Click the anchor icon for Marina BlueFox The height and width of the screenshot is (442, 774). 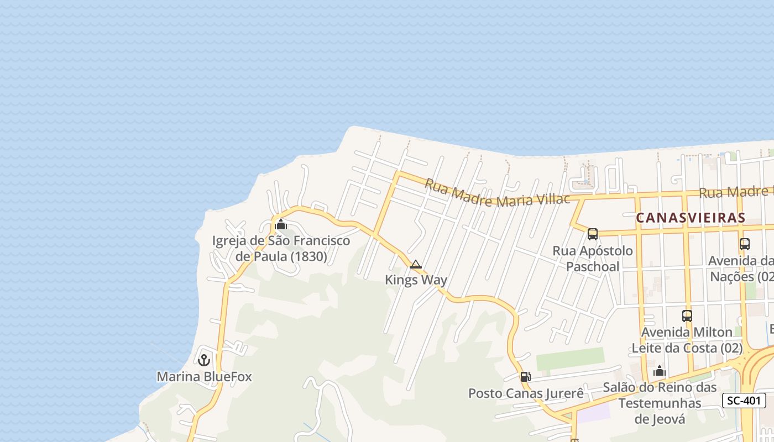[x=204, y=360]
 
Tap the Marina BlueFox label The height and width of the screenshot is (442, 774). [x=204, y=377]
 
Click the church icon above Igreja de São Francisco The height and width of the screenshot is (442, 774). [x=281, y=224]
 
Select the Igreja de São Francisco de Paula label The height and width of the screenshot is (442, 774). [x=281, y=249]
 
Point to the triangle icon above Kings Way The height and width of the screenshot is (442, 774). [x=416, y=265]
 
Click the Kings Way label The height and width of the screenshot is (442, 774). [x=416, y=280]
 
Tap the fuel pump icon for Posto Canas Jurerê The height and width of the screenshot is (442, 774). [x=525, y=377]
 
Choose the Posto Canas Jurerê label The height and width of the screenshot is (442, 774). [x=526, y=393]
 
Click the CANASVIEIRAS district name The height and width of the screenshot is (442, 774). [x=691, y=218]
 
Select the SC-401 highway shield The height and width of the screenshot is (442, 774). [x=744, y=401]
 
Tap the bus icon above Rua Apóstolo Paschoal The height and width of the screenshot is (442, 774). [x=593, y=234]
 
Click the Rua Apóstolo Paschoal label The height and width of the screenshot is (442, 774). [x=593, y=259]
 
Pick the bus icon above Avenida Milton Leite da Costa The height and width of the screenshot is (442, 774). [x=687, y=316]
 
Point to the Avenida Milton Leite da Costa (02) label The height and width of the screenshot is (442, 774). [x=687, y=340]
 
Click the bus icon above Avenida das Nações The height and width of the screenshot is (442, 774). [x=745, y=244]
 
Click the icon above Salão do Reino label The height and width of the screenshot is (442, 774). [x=660, y=371]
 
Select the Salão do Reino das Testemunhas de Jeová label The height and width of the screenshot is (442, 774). [x=660, y=403]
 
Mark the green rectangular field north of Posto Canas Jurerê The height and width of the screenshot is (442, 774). [x=570, y=359]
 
